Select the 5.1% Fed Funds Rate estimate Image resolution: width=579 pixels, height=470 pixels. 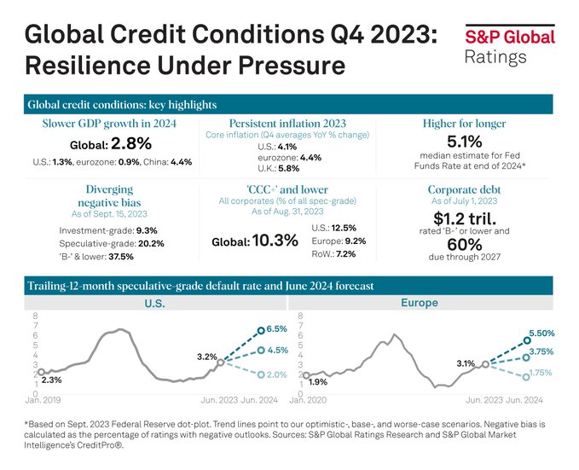coord(466,140)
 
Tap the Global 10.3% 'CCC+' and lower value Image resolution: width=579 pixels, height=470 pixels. coord(254,241)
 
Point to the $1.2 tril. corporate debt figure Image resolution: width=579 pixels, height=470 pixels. coord(466,218)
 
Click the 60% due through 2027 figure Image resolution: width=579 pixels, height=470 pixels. coord(466,244)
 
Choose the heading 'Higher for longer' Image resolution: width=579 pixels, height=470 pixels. coord(466,123)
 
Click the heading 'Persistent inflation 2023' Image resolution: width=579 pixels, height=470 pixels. coord(287,123)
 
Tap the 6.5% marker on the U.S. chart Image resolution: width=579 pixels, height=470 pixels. coord(262,328)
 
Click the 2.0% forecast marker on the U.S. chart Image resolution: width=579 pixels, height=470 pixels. coord(262,374)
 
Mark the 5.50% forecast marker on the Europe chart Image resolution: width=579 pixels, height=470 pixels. coord(525,339)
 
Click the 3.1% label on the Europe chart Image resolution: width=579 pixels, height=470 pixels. coord(466,363)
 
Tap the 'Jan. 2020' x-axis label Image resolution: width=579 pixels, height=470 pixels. coord(309,399)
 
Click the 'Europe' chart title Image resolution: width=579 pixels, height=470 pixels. coord(418,303)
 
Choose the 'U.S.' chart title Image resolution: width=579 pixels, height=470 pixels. coord(153,304)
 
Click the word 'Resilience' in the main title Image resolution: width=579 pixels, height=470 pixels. coord(94,65)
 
